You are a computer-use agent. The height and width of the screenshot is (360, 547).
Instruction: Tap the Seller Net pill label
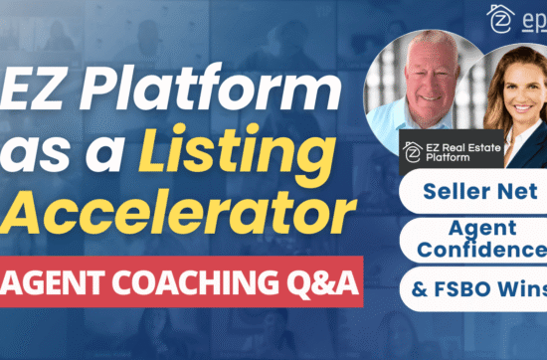[x=471, y=188]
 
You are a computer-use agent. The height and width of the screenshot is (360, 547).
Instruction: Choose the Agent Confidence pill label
[x=476, y=239]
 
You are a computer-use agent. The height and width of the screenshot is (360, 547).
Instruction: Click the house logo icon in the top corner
[x=500, y=19]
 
